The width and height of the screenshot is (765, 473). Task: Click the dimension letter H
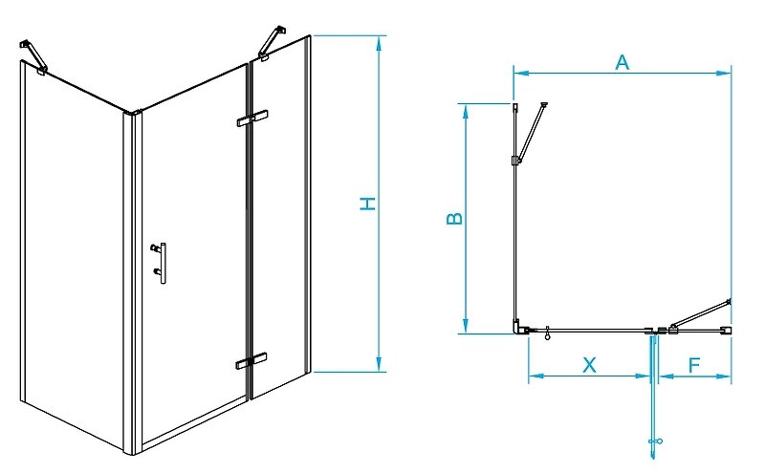coord(366,204)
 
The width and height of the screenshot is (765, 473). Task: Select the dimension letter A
coord(622,63)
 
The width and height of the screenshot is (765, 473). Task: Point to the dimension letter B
coord(455,218)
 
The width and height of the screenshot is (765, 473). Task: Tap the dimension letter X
coord(590,364)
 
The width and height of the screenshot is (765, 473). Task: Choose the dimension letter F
coord(695,364)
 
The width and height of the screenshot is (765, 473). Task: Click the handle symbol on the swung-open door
coord(656,441)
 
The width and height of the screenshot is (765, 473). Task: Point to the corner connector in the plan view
coord(519,327)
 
